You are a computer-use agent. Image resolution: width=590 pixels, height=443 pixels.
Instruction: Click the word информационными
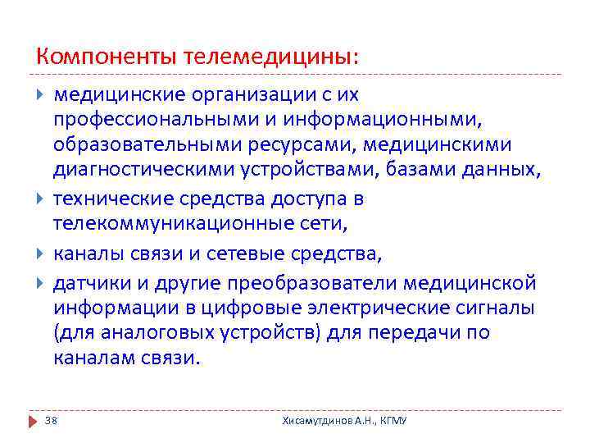(388, 120)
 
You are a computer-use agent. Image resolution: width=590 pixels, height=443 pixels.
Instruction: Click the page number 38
(51, 420)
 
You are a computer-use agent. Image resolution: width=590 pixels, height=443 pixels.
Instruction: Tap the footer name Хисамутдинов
(315, 420)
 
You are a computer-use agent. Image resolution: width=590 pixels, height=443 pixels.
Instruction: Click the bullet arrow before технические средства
(42, 199)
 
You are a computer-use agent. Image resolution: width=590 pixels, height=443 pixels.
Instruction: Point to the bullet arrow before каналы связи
(42, 254)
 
